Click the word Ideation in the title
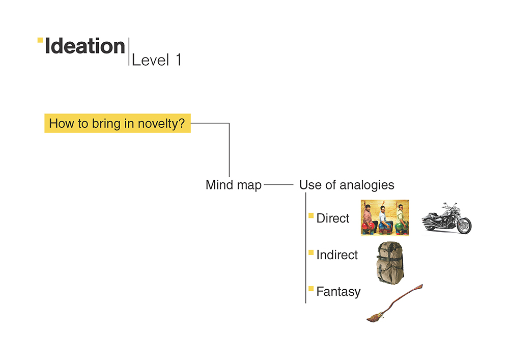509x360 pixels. (x=84, y=46)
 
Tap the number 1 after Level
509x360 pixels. (x=178, y=60)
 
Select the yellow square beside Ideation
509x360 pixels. (x=40, y=40)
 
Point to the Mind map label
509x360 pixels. (x=234, y=185)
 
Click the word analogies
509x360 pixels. (x=367, y=185)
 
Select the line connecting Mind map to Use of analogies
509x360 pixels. (x=278, y=185)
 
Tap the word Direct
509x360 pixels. (x=333, y=218)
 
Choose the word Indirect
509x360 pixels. (x=337, y=255)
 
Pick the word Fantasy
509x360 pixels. (x=338, y=292)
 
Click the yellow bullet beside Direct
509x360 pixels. (x=311, y=215)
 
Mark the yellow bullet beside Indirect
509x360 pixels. (x=311, y=252)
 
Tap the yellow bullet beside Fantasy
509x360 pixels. (x=311, y=289)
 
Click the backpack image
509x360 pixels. (x=390, y=263)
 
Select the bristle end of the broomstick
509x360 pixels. (x=375, y=317)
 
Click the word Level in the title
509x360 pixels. (x=151, y=60)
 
